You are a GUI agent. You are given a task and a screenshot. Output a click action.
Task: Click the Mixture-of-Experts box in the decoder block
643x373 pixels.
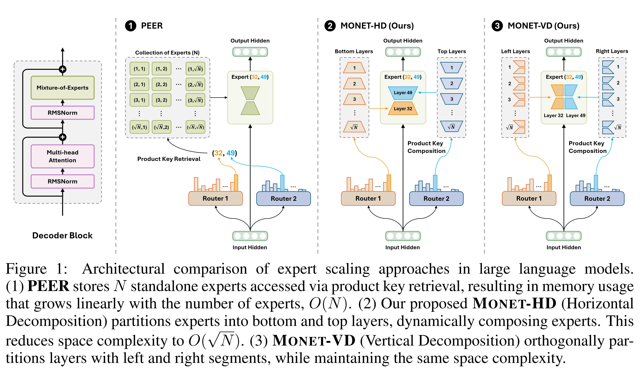point(62,88)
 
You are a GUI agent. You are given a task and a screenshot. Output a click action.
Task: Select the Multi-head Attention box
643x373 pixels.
point(62,156)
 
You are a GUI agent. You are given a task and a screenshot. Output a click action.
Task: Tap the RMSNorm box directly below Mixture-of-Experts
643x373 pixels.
point(62,113)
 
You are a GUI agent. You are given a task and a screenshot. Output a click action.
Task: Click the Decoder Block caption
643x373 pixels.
point(62,235)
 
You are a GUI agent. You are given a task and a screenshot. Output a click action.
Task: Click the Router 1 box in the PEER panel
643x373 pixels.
point(215,199)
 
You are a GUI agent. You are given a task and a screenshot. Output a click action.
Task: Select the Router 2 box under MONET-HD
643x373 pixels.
point(436,199)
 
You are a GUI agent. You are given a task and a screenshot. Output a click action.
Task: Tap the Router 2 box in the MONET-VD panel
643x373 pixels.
point(597,199)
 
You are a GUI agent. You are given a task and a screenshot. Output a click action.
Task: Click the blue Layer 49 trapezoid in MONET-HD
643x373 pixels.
point(403,93)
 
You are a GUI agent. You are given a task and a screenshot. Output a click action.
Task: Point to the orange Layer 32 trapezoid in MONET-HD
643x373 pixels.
point(403,109)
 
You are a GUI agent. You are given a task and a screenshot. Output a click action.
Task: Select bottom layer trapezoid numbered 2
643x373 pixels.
point(354,84)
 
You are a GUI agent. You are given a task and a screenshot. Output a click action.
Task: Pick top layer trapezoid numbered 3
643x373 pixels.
point(451,99)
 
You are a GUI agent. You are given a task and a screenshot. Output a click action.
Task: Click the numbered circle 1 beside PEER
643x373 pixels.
point(131,26)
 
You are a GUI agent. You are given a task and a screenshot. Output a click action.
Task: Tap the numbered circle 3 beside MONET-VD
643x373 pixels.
point(497,26)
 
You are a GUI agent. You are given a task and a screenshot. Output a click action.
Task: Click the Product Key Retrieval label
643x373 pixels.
point(169,159)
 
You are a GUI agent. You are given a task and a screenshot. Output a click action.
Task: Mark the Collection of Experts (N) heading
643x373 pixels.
point(167,53)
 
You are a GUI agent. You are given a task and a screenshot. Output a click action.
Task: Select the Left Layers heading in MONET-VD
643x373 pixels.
point(515,51)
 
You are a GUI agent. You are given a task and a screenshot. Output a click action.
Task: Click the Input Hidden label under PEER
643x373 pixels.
point(250,247)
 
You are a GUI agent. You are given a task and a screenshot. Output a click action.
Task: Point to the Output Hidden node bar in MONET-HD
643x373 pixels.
point(403,52)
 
